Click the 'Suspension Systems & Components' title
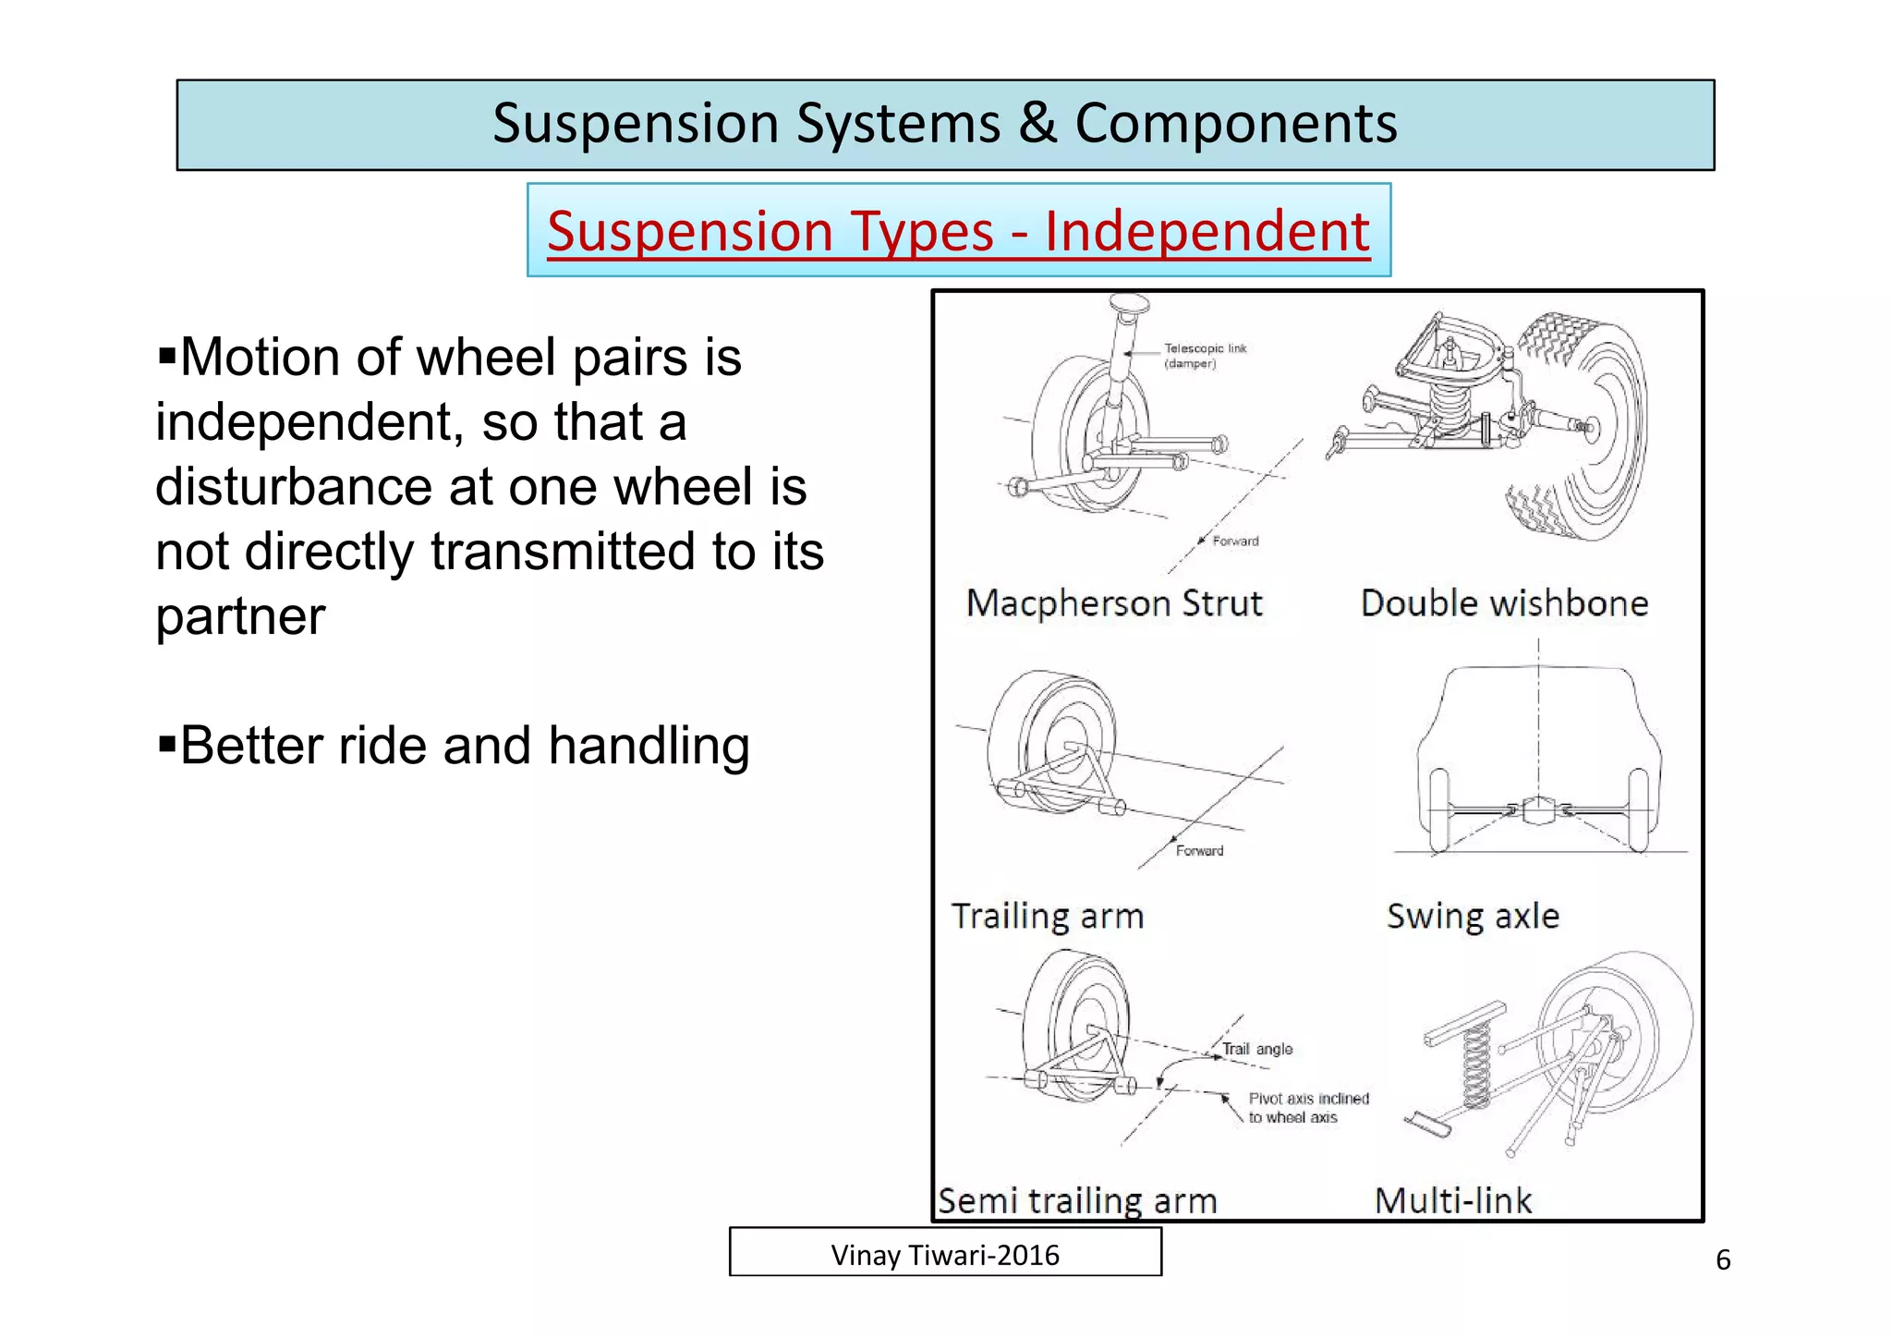pyautogui.click(x=944, y=124)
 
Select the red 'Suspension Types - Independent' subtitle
pyautogui.click(x=958, y=231)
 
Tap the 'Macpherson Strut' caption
pyautogui.click(x=1113, y=603)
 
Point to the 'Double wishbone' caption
pyautogui.click(x=1504, y=603)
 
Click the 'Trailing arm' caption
pyautogui.click(x=1048, y=917)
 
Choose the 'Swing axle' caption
pyautogui.click(x=1473, y=917)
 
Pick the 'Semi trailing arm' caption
pyautogui.click(x=1077, y=1201)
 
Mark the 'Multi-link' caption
pyautogui.click(x=1453, y=1201)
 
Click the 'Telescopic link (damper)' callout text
pyautogui.click(x=1205, y=356)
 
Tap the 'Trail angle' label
pyautogui.click(x=1257, y=1050)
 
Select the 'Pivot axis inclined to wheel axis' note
pyautogui.click(x=1307, y=1108)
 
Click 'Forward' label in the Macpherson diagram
pyautogui.click(x=1235, y=541)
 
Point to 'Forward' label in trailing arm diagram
pyautogui.click(x=1199, y=851)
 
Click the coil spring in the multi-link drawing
pyautogui.click(x=1476, y=1067)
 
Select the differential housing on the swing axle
pyautogui.click(x=1537, y=811)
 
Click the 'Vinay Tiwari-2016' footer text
pyautogui.click(x=945, y=1255)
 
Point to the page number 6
pyautogui.click(x=1722, y=1260)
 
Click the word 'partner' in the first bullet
pyautogui.click(x=240, y=617)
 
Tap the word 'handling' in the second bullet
pyautogui.click(x=649, y=746)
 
